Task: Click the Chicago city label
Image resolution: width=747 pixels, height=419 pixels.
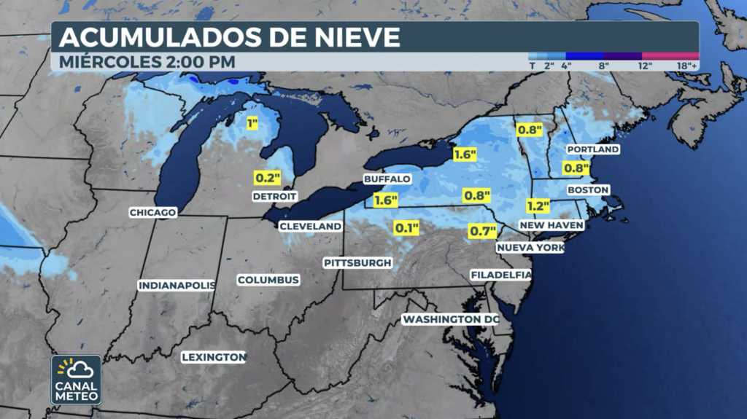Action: click(153, 213)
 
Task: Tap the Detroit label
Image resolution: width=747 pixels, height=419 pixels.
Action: click(275, 196)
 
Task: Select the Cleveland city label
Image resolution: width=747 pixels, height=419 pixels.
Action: click(311, 227)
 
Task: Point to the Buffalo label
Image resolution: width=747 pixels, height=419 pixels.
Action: click(387, 179)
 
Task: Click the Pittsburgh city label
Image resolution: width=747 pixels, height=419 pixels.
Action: click(358, 262)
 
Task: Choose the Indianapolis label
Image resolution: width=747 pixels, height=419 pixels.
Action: click(177, 285)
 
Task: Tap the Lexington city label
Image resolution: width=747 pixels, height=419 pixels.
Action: click(214, 357)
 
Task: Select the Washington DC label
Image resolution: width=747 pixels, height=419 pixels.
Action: click(451, 319)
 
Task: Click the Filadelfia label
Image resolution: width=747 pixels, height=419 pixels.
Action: click(501, 275)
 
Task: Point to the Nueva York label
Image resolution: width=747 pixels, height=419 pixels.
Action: click(530, 248)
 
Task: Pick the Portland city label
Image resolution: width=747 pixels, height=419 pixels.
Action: click(593, 149)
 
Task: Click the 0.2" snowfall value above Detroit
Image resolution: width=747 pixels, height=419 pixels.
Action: click(267, 177)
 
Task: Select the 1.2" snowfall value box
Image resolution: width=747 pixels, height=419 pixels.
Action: click(538, 205)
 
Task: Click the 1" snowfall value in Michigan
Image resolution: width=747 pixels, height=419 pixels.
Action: click(252, 124)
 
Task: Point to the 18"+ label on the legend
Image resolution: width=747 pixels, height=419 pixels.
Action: click(687, 65)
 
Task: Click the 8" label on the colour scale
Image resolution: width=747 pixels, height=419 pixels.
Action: click(604, 65)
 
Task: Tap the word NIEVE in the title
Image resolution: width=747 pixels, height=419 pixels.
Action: click(347, 36)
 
